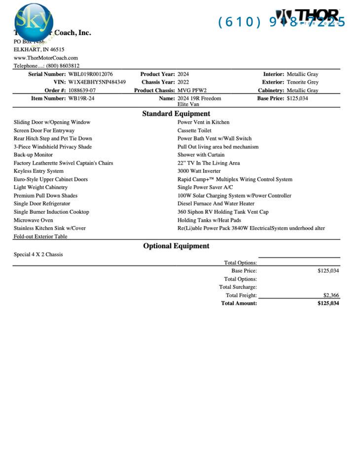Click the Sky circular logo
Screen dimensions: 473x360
tap(33, 21)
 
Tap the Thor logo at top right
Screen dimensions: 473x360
tap(308, 17)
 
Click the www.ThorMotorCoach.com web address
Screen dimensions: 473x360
tap(45, 58)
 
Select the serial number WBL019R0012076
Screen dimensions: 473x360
tap(90, 74)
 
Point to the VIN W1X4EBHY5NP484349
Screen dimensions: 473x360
tap(97, 82)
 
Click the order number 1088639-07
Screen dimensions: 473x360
tap(82, 91)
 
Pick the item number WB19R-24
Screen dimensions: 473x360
tap(81, 99)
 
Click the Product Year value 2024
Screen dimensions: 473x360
tap(183, 74)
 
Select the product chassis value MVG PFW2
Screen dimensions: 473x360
tap(192, 91)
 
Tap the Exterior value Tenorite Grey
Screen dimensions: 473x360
tap(302, 82)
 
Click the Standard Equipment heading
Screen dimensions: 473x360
tap(176, 114)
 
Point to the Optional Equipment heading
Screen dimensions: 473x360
tap(176, 246)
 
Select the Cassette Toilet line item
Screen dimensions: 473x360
tap(194, 131)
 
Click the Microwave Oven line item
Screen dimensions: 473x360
tap(33, 220)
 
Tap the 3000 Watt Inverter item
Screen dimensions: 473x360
tap(199, 171)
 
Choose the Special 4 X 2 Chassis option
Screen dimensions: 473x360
tap(38, 255)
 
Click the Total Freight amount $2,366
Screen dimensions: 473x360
tap(331, 296)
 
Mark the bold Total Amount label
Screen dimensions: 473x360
tap(239, 304)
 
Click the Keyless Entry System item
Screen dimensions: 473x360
tap(38, 171)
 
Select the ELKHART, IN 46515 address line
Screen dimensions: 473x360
tap(38, 50)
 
